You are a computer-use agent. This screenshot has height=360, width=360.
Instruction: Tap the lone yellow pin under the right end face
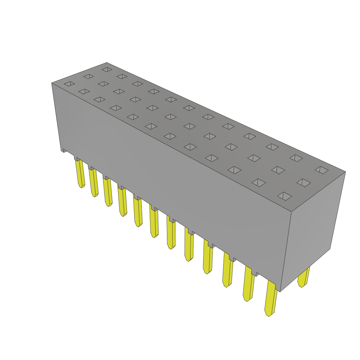click(x=303, y=277)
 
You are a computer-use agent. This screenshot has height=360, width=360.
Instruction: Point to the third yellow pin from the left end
click(x=107, y=192)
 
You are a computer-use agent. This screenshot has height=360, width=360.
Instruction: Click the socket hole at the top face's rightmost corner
click(x=321, y=170)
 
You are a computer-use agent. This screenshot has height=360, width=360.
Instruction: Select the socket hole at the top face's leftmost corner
click(x=69, y=84)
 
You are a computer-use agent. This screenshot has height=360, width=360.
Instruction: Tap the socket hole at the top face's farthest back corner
click(x=107, y=70)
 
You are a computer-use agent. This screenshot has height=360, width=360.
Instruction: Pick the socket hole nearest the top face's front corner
click(x=284, y=196)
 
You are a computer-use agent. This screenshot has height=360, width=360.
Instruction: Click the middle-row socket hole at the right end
click(x=303, y=182)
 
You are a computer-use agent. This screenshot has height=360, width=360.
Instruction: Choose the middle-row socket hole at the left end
click(x=89, y=76)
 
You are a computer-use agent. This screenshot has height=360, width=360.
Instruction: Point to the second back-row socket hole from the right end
click(x=296, y=158)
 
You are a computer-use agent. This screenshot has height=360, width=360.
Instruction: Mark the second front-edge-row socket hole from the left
click(x=84, y=91)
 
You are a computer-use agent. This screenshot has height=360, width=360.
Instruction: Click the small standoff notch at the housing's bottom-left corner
click(x=65, y=150)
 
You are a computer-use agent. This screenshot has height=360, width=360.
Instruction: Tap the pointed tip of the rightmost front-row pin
click(x=269, y=314)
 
